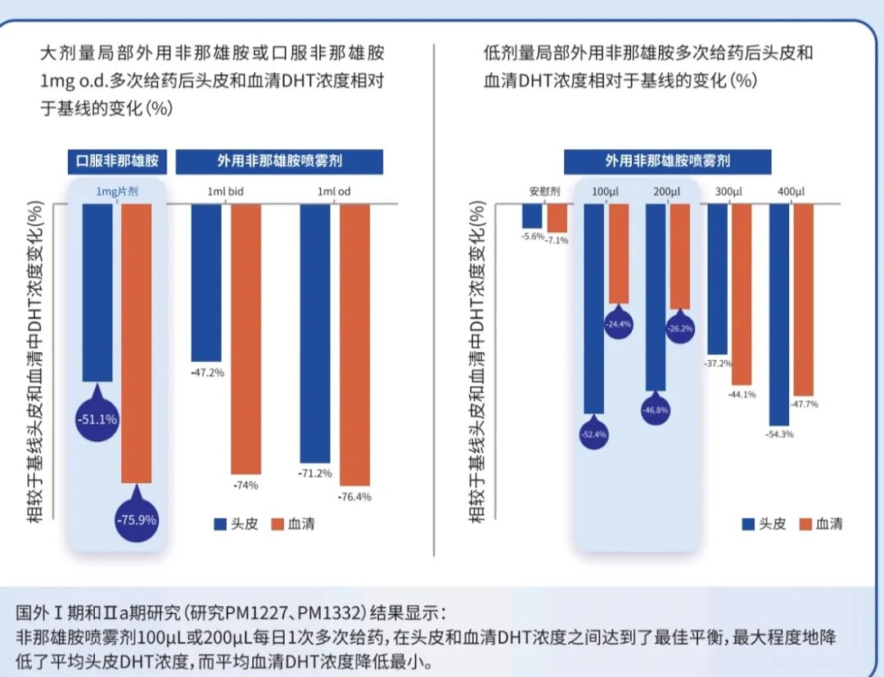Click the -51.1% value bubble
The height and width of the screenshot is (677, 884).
97,419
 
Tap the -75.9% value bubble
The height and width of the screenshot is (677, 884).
136,520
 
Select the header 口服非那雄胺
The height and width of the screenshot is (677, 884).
116,161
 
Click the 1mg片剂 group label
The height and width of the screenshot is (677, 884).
117,192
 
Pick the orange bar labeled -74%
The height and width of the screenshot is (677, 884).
245,339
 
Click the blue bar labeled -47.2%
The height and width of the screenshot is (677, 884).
206,282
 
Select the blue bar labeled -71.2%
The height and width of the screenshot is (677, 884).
315,333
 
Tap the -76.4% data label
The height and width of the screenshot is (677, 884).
354,497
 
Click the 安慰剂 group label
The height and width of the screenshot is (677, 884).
544,192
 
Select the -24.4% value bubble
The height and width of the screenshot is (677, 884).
618,324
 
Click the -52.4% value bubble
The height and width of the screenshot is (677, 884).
593,435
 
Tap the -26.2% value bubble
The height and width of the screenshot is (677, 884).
679,328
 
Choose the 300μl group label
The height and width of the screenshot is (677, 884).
728,192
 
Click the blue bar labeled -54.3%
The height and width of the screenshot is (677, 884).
778,314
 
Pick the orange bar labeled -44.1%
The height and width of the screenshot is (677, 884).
742,294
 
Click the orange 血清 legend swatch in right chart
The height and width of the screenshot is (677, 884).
805,524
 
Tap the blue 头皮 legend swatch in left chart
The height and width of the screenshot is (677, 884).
220,524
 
